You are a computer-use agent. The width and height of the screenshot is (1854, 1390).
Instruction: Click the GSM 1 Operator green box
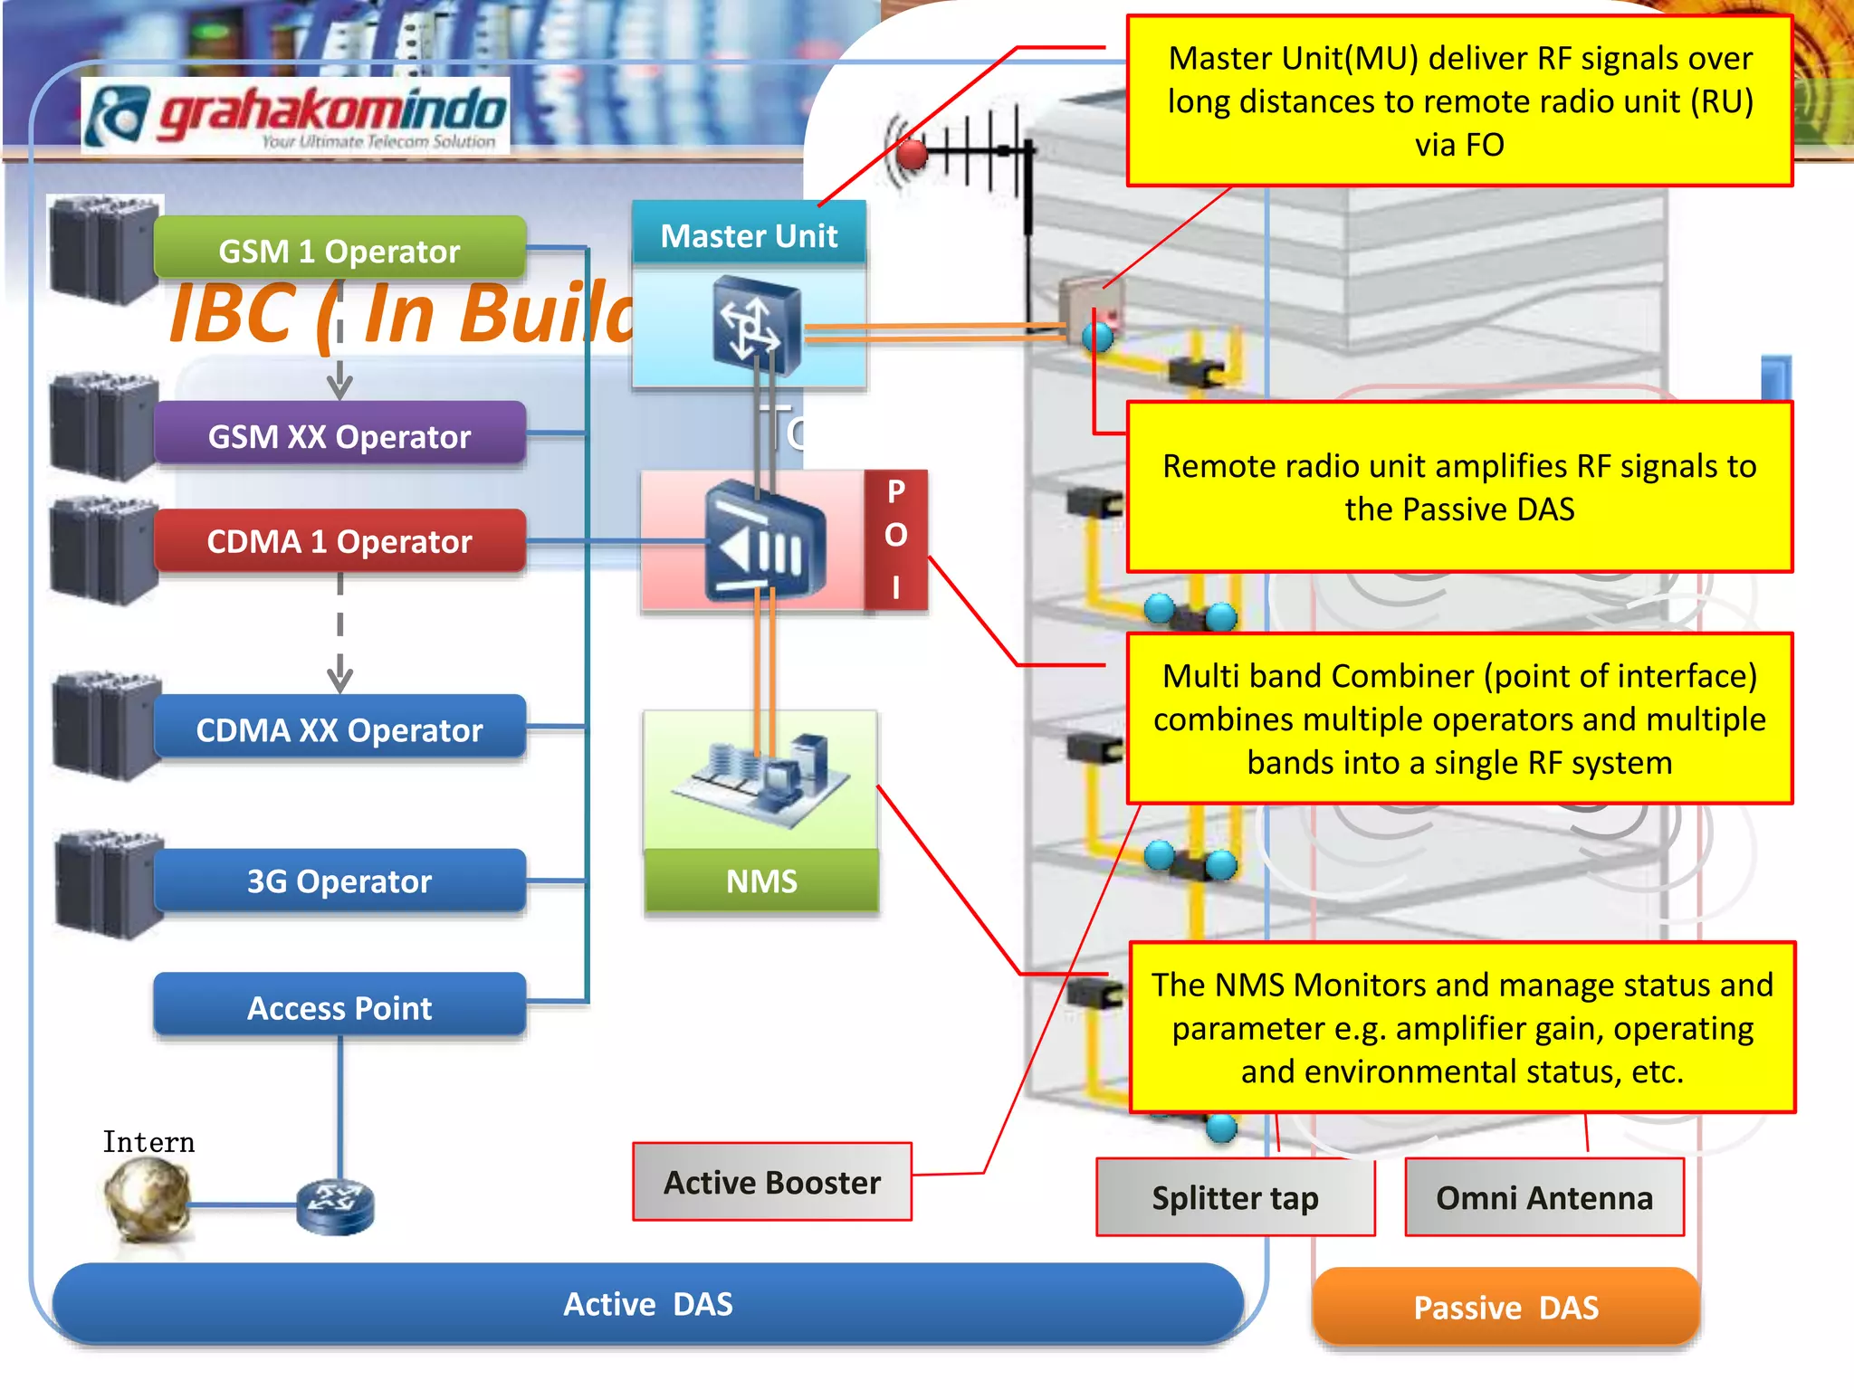(339, 250)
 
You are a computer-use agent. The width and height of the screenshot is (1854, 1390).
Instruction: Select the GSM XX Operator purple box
(339, 435)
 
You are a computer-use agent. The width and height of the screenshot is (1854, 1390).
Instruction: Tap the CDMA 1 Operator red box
(339, 541)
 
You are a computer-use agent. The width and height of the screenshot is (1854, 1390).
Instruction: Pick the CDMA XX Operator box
(339, 728)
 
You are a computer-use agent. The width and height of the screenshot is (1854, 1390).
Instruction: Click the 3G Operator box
(339, 880)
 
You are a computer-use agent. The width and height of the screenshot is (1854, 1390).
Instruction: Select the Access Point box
(339, 1006)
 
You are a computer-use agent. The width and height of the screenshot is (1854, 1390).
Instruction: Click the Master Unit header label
(749, 235)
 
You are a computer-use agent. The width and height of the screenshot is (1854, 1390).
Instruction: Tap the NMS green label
(761, 881)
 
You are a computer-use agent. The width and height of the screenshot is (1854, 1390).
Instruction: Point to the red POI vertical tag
(895, 539)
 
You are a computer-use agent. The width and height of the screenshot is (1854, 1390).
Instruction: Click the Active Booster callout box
(772, 1182)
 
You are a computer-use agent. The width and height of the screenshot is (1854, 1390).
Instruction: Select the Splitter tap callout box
(1235, 1197)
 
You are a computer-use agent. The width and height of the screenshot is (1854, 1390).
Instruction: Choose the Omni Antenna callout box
(1544, 1197)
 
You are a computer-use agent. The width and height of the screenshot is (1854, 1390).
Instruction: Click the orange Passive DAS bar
(1505, 1307)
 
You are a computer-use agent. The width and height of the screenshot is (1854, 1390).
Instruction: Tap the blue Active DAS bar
(647, 1303)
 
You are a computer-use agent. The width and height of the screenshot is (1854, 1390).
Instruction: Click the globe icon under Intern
(147, 1199)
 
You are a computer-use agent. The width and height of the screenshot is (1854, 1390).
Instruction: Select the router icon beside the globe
(335, 1205)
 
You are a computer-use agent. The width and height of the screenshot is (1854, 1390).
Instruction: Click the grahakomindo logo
(295, 116)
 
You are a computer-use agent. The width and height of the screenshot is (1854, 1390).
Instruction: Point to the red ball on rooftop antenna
(912, 155)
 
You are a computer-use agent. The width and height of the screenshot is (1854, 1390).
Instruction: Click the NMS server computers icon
(761, 778)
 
